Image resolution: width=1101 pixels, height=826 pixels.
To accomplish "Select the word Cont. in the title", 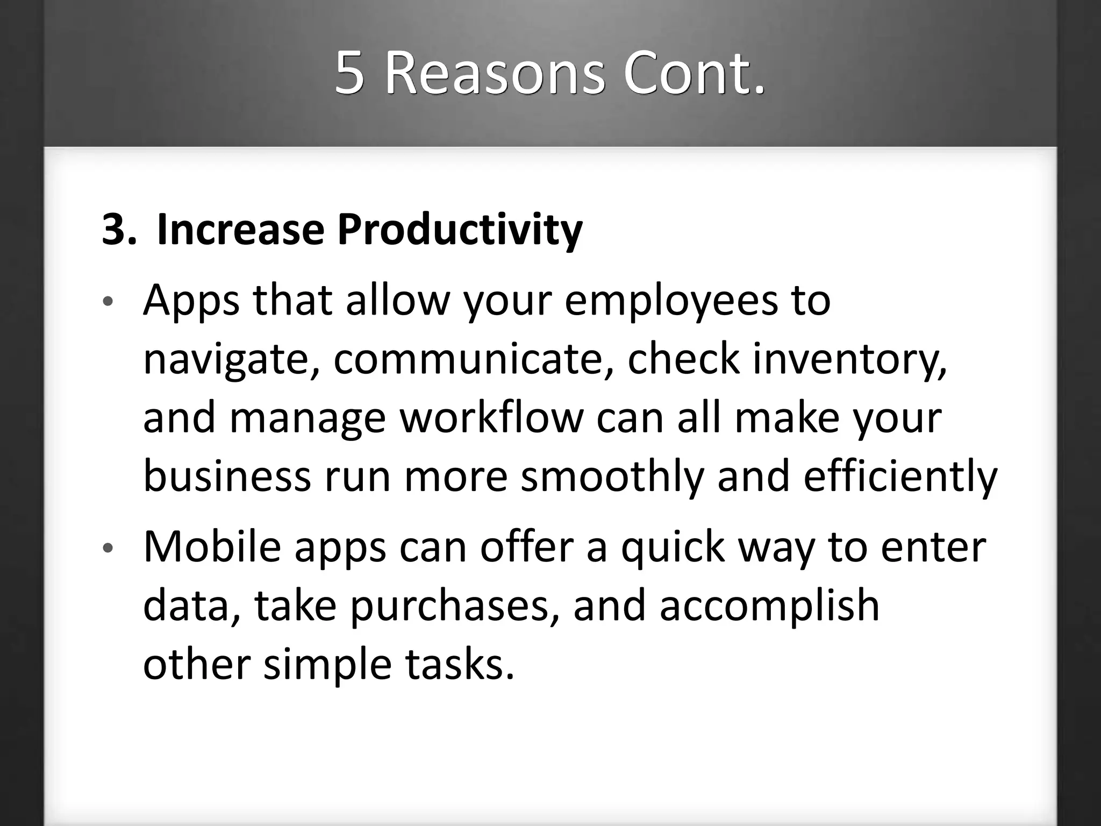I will click(x=694, y=74).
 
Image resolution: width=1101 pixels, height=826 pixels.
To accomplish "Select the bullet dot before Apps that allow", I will click(x=108, y=302).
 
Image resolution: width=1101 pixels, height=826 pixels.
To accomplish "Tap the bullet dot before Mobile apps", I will click(x=108, y=548).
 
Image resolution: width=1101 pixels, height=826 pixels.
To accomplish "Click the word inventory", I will click(x=849, y=360).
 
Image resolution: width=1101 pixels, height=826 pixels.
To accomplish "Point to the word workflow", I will click(x=491, y=418).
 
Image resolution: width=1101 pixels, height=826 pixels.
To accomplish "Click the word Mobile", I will click(x=212, y=547).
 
